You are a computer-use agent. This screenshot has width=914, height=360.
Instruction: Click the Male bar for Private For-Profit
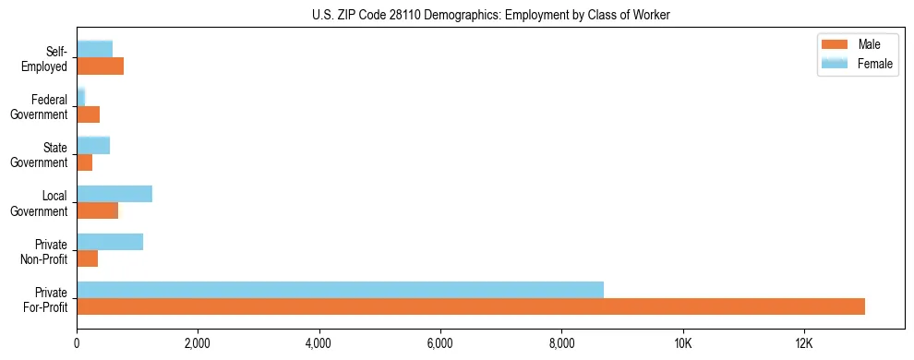click(x=471, y=306)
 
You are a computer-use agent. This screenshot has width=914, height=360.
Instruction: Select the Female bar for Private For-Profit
click(x=340, y=290)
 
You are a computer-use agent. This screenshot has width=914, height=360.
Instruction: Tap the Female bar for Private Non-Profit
click(x=110, y=242)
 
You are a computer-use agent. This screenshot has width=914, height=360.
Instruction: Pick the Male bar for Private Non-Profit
click(x=87, y=258)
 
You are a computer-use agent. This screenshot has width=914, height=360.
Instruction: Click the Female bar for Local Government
click(x=114, y=194)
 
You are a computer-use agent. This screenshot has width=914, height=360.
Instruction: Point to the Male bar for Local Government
click(x=97, y=210)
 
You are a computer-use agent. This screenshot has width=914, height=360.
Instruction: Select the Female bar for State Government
click(x=93, y=145)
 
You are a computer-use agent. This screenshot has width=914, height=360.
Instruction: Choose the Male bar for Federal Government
click(x=88, y=114)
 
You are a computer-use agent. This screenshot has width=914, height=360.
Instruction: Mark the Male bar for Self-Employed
click(x=100, y=66)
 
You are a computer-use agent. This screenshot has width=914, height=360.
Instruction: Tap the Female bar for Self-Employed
click(x=94, y=49)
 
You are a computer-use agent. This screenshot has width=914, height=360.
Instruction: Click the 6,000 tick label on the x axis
click(x=440, y=343)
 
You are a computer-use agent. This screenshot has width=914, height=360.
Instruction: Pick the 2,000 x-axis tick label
click(x=198, y=343)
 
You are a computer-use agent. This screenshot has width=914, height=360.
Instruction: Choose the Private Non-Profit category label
click(x=46, y=251)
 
